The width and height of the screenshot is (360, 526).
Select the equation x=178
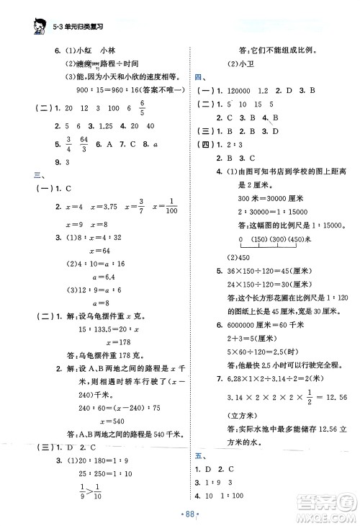103,342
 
